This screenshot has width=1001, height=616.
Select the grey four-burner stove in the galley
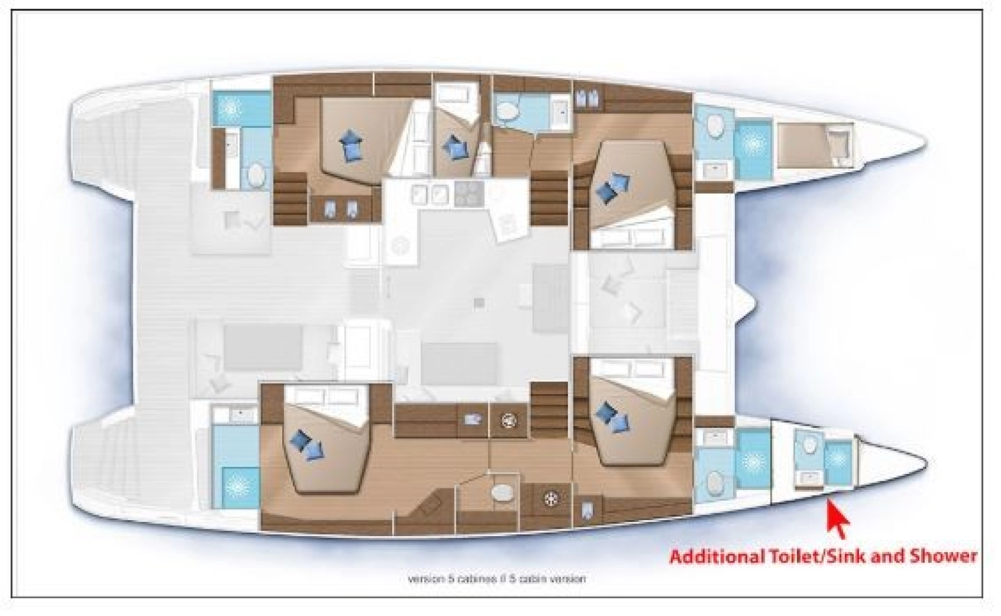pos(469,193)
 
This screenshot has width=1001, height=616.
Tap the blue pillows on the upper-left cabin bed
pos(349,145)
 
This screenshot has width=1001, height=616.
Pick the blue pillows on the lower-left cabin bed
pos(306,445)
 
